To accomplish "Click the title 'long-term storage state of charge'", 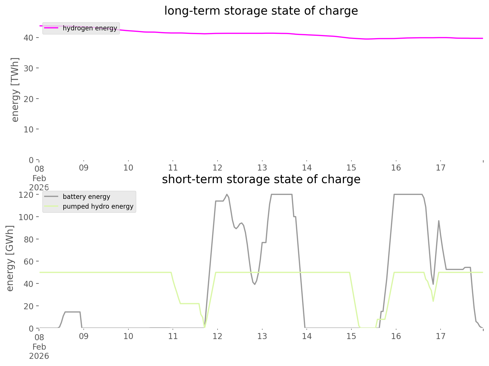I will click(261, 11).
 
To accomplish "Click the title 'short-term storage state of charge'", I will click(261, 179).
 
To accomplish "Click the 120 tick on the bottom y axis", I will click(27, 195).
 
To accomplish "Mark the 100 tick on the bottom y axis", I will click(27, 217).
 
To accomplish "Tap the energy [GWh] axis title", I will click(10, 258).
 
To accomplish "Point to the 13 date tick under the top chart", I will click(262, 168).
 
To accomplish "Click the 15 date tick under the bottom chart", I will click(351, 336).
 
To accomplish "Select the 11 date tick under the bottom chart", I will click(173, 336).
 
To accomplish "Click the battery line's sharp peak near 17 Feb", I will click(439, 221).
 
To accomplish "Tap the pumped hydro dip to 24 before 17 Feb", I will click(433, 301).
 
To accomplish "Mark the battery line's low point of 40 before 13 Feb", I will click(255, 284).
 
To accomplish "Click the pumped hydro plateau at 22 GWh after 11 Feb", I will click(189, 304).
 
